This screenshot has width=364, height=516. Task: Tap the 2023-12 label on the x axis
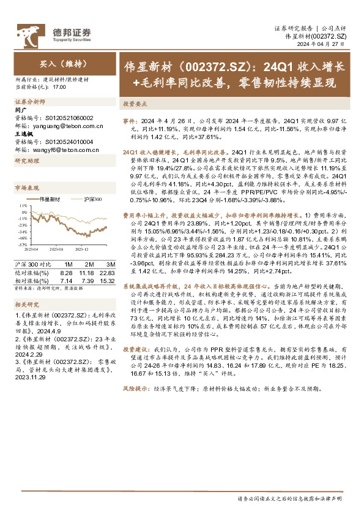point(82,249)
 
